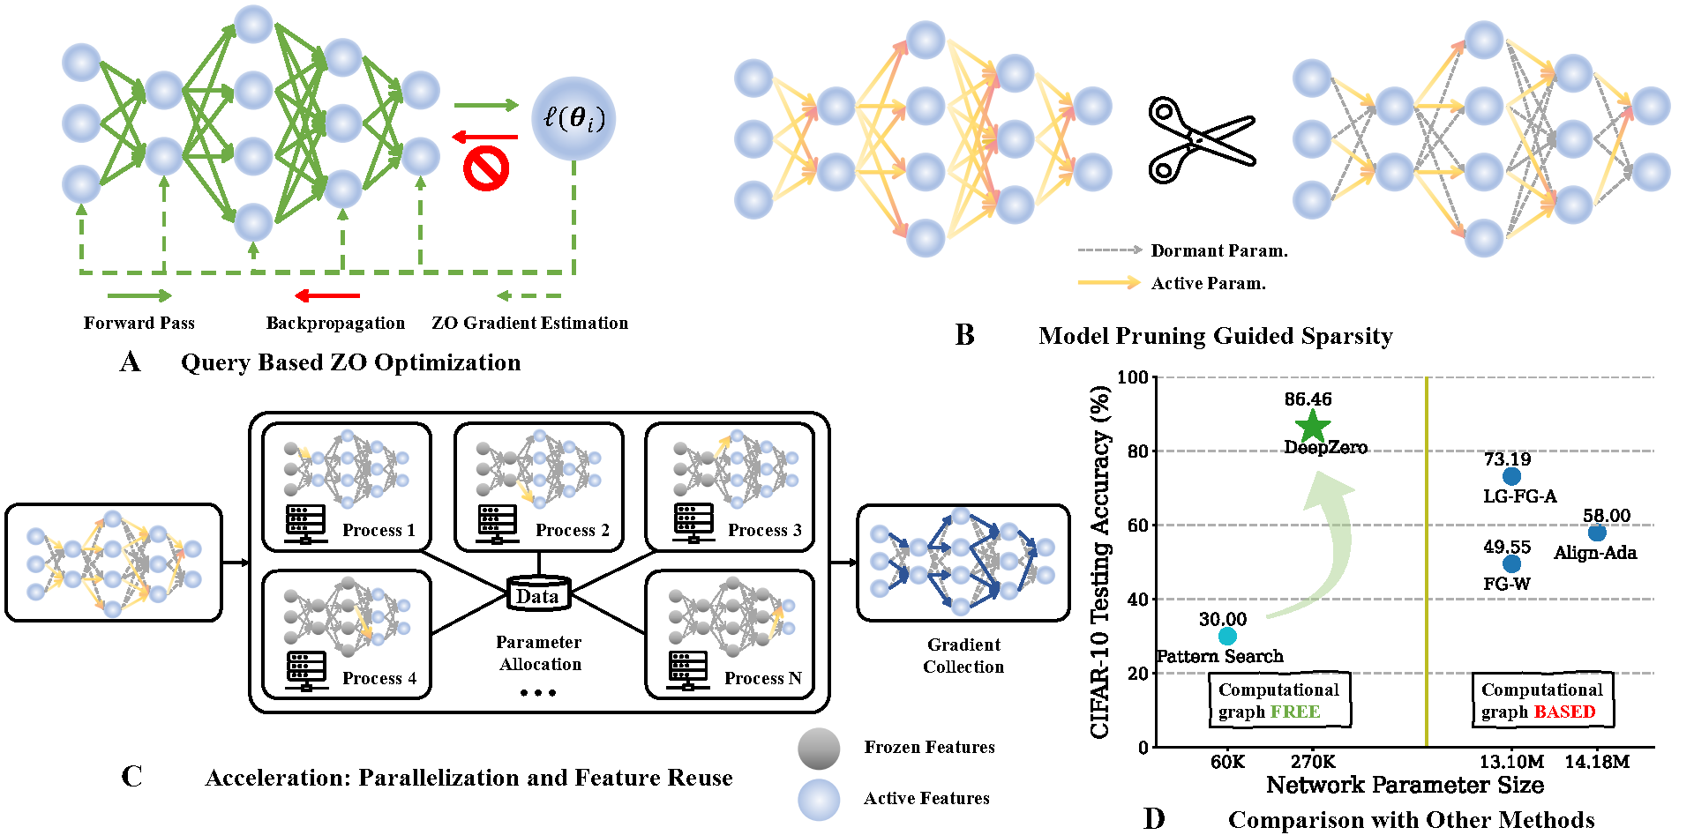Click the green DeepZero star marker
[1313, 426]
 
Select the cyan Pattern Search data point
[1227, 636]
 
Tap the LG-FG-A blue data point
[1511, 476]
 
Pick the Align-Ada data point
[1597, 533]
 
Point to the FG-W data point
[1511, 563]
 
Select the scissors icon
[1200, 141]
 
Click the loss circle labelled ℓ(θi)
[574, 119]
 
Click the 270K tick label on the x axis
[1313, 762]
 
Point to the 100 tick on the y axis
[1132, 377]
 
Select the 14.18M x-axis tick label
[1597, 762]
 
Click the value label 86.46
[1308, 399]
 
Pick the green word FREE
[1295, 712]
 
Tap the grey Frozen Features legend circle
[819, 749]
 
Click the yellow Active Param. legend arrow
[1109, 282]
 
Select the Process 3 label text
[764, 530]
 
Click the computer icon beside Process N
[688, 670]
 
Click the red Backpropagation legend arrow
[327, 295]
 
